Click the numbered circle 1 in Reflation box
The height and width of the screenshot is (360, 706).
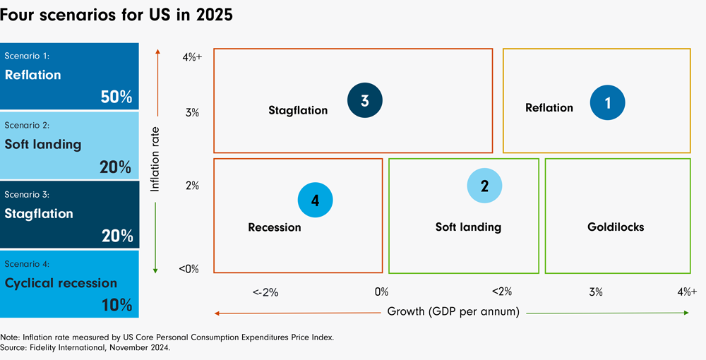click(609, 102)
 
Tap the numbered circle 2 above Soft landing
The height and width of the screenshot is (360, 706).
click(485, 186)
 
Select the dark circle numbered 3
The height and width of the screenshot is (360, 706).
click(365, 101)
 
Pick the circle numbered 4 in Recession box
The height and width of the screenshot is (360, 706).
click(315, 200)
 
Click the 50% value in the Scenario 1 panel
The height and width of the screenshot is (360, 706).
click(116, 97)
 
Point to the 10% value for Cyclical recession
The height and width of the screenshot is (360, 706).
click(116, 305)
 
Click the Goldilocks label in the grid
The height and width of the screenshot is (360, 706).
click(616, 227)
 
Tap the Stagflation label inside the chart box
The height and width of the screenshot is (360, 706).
click(298, 110)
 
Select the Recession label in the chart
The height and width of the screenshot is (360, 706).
click(275, 227)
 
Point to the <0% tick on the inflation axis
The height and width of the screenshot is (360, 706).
click(189, 269)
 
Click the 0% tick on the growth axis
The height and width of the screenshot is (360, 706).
click(381, 292)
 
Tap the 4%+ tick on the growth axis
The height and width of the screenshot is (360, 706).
click(687, 292)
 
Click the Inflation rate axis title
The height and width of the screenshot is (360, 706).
click(156, 160)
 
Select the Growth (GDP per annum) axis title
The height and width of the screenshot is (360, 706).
click(453, 311)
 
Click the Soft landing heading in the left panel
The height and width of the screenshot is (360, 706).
click(43, 144)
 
